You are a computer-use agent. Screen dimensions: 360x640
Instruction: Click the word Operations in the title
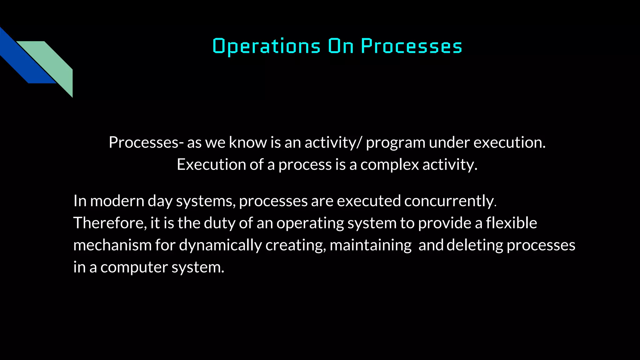(266, 46)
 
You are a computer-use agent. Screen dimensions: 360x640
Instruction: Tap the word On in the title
(341, 46)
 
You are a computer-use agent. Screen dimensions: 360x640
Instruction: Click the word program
(395, 143)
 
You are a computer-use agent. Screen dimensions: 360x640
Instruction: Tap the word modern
(117, 201)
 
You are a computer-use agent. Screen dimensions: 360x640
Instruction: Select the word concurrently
(449, 201)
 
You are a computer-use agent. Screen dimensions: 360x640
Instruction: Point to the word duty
(219, 223)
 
